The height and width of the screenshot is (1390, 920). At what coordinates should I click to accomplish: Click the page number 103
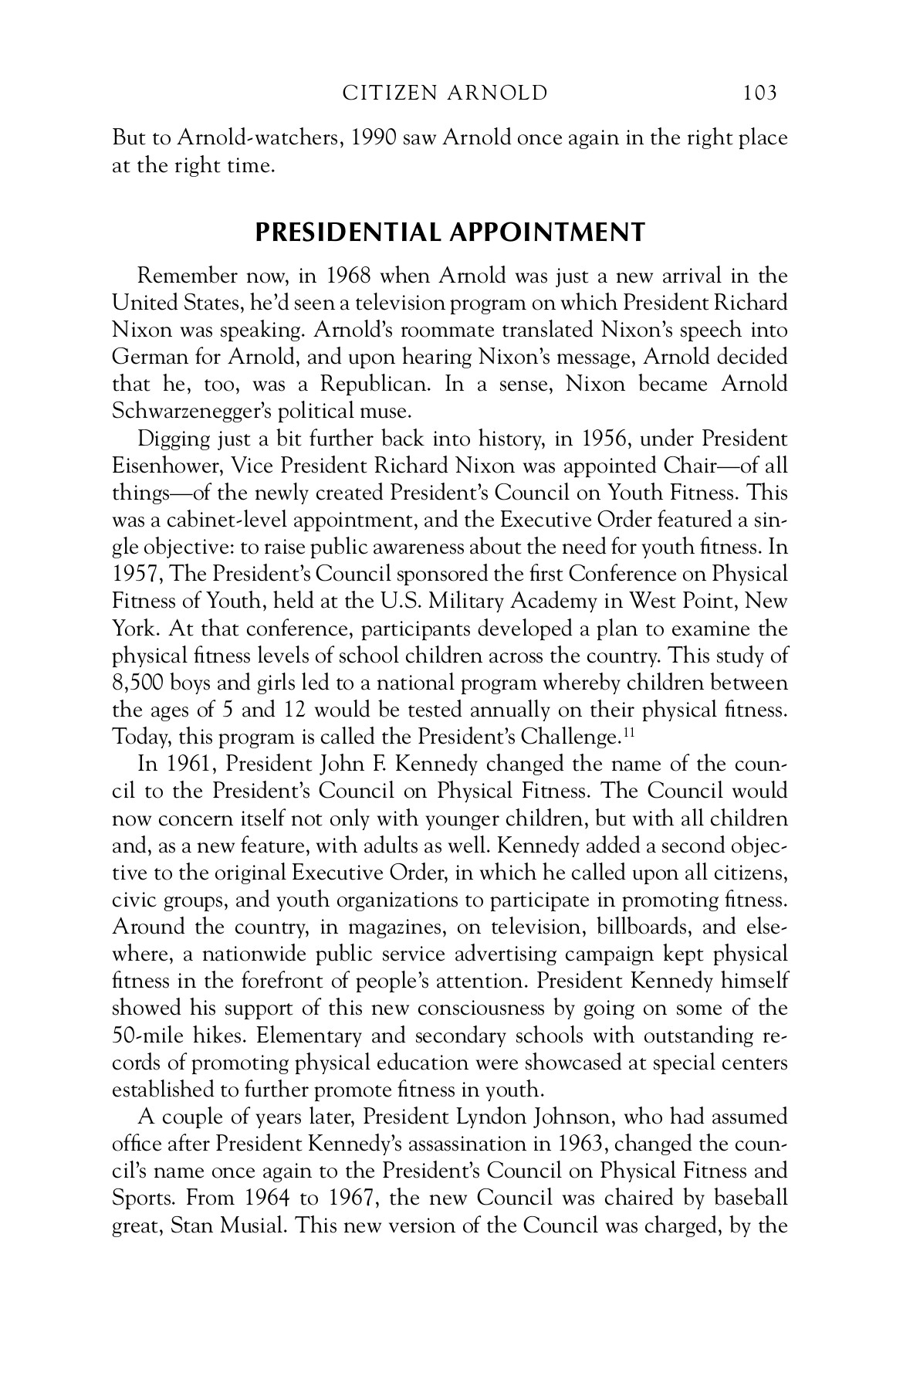click(x=759, y=94)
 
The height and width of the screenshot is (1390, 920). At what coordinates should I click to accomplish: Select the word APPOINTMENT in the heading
click(x=545, y=232)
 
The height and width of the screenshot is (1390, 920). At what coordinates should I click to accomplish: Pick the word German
click(x=147, y=358)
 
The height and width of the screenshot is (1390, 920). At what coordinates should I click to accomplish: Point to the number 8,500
click(x=137, y=683)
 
